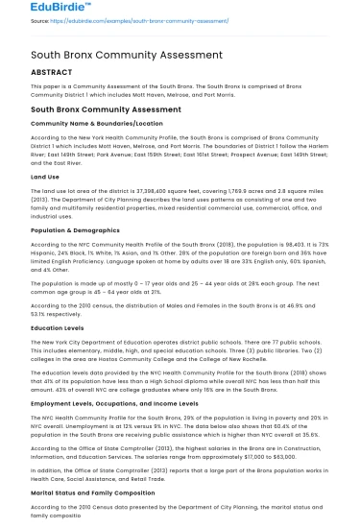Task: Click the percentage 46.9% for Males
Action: click(303, 304)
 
